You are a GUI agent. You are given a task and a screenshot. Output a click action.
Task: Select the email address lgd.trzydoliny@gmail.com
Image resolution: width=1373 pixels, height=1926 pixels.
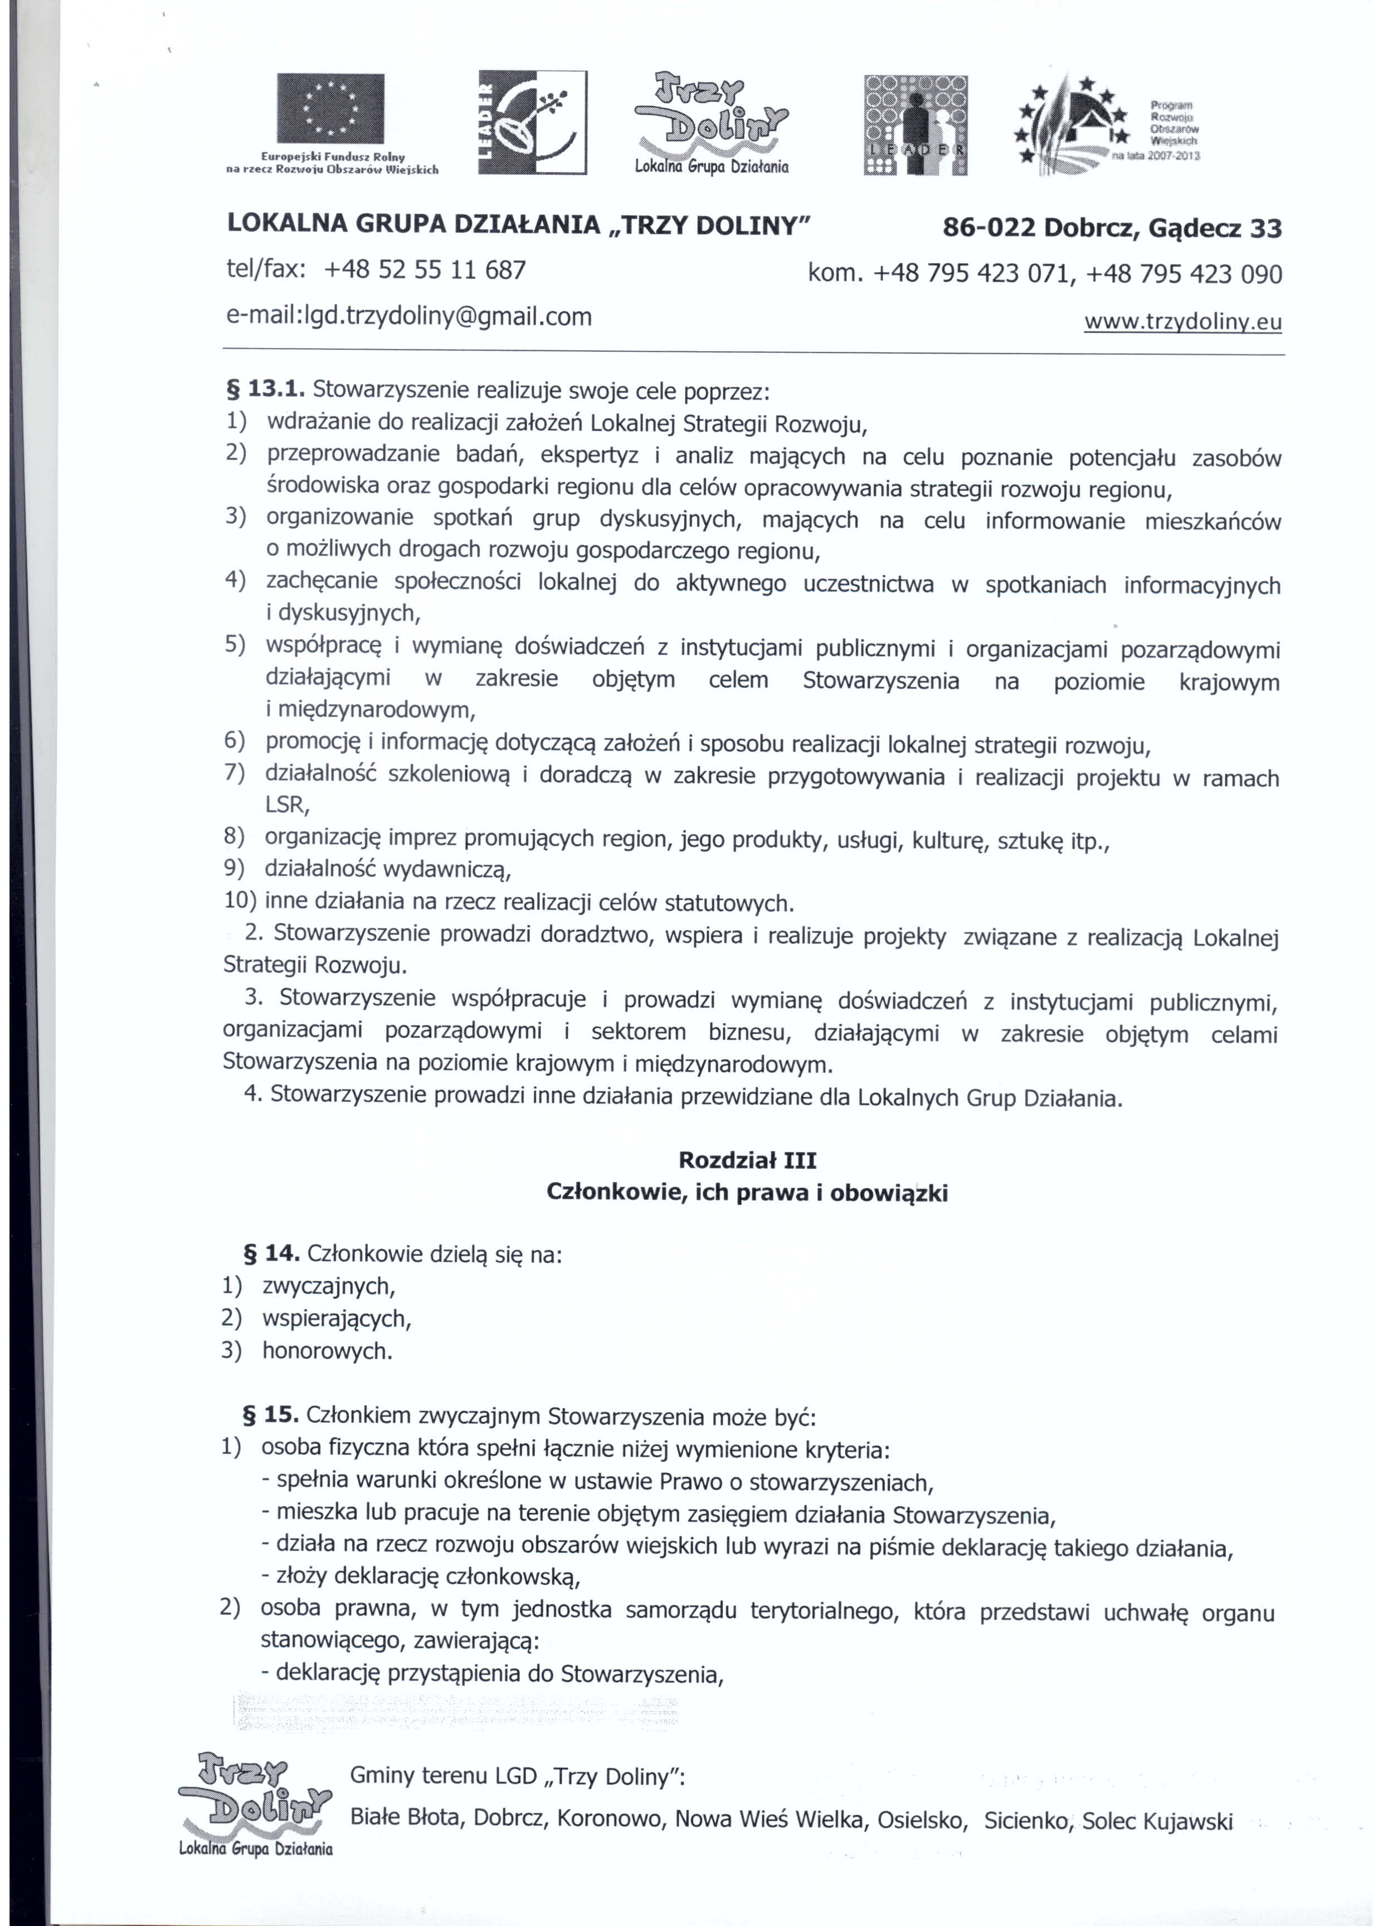point(409,317)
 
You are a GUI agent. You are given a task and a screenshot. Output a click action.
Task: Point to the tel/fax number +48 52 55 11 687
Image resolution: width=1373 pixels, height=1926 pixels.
point(425,270)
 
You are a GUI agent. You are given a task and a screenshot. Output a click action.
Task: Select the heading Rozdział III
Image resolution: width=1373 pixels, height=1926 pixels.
point(747,1160)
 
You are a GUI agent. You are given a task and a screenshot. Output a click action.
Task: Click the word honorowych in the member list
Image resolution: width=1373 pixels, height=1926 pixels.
point(327,1351)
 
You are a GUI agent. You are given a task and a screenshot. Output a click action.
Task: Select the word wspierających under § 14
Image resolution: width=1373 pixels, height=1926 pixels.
point(337,1318)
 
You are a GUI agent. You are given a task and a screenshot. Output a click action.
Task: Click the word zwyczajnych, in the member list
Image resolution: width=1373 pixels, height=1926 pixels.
point(329,1286)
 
